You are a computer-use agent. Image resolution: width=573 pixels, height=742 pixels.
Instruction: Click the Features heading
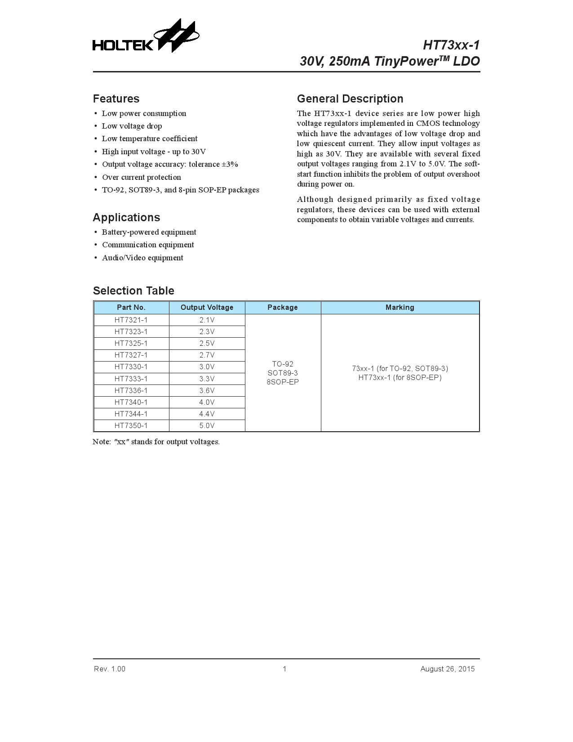pyautogui.click(x=116, y=99)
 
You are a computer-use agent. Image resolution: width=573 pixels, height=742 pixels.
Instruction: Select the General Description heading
pyautogui.click(x=350, y=99)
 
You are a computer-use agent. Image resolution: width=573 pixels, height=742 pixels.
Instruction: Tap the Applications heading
pyautogui.click(x=126, y=218)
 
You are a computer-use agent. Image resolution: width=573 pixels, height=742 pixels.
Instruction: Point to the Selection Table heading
pyautogui.click(x=133, y=291)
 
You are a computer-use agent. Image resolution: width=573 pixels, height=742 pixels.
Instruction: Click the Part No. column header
pyautogui.click(x=131, y=308)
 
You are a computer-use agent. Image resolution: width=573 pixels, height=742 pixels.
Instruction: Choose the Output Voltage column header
pyautogui.click(x=207, y=308)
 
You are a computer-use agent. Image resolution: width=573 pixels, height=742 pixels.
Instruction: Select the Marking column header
pyautogui.click(x=400, y=308)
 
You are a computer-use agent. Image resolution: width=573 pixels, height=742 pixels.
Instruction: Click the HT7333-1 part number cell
pyautogui.click(x=131, y=379)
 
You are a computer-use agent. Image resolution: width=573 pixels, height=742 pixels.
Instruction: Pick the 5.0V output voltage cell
pyautogui.click(x=207, y=425)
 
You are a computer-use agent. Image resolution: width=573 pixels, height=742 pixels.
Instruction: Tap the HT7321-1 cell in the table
pyautogui.click(x=131, y=320)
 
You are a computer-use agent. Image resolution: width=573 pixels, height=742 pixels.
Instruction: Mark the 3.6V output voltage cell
pyautogui.click(x=207, y=390)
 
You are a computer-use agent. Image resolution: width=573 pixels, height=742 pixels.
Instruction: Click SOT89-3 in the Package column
pyautogui.click(x=283, y=373)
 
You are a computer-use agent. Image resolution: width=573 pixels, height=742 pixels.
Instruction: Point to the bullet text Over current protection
pyautogui.click(x=142, y=177)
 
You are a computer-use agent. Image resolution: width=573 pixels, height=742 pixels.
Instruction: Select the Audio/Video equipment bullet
pyautogui.click(x=142, y=258)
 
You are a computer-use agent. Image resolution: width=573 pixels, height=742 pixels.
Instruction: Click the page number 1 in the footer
pyautogui.click(x=284, y=669)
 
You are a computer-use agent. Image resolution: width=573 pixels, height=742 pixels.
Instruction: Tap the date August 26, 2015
pyautogui.click(x=447, y=669)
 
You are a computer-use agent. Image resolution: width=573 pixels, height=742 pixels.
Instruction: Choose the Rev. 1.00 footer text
pyautogui.click(x=110, y=669)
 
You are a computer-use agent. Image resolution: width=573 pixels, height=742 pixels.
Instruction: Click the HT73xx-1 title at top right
pyautogui.click(x=451, y=45)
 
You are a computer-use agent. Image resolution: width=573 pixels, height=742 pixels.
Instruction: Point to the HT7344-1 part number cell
pyautogui.click(x=131, y=414)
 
